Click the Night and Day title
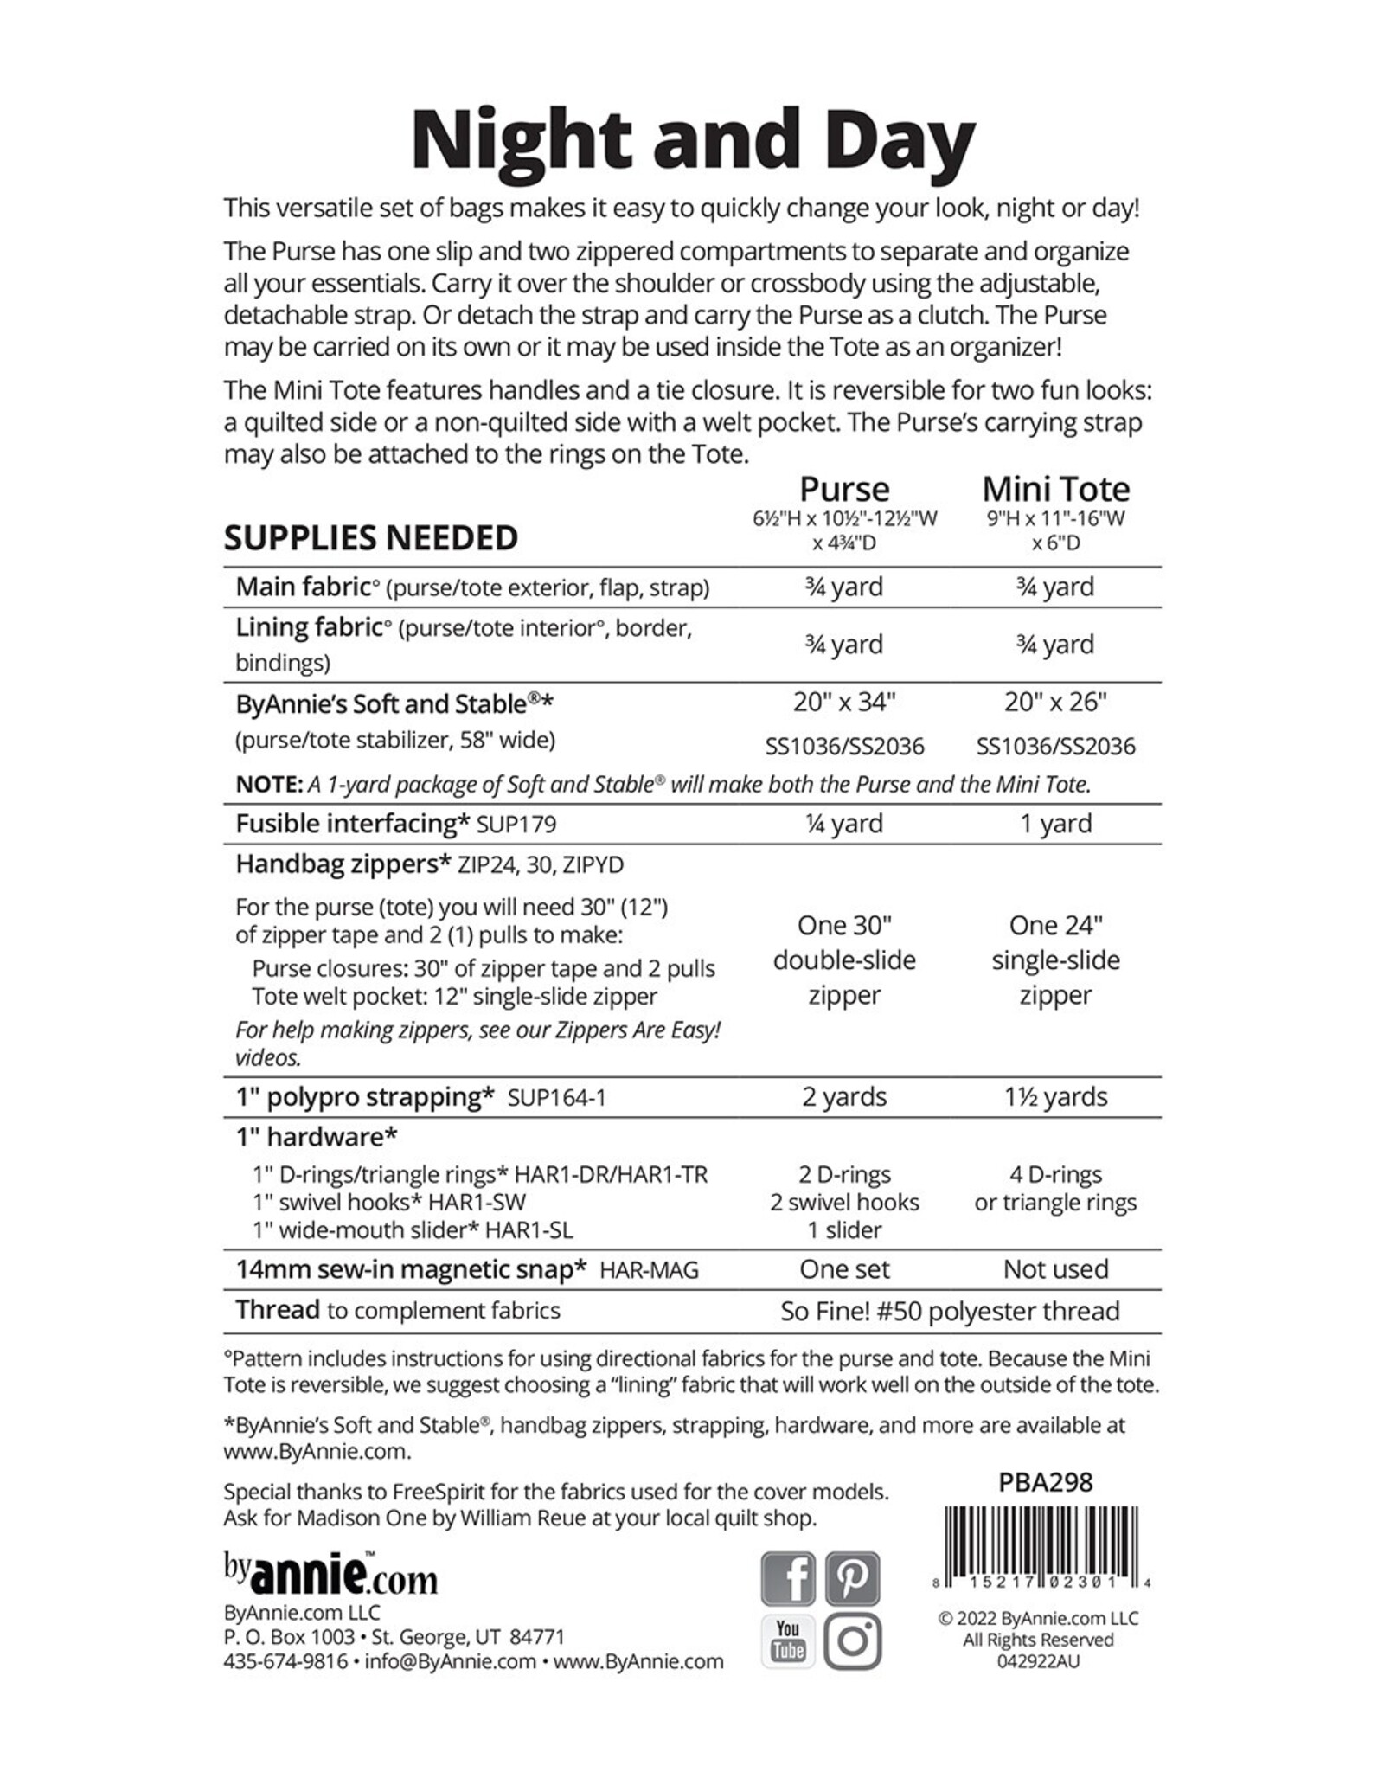[x=692, y=140]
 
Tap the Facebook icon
[x=787, y=1579]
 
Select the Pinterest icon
[x=852, y=1579]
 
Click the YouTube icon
[x=787, y=1640]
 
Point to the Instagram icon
[x=852, y=1640]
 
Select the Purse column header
[x=844, y=490]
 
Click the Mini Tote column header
[x=1055, y=490]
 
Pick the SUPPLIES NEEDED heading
[x=370, y=538]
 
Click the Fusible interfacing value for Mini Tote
[x=1055, y=823]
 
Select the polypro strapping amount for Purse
[x=844, y=1096]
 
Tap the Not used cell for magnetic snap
[x=1055, y=1269]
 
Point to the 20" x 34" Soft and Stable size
[x=844, y=702]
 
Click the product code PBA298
[x=1045, y=1482]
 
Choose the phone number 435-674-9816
[x=285, y=1661]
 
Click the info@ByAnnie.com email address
[x=451, y=1661]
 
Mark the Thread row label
[x=278, y=1310]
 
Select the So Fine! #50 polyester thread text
[x=950, y=1311]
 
